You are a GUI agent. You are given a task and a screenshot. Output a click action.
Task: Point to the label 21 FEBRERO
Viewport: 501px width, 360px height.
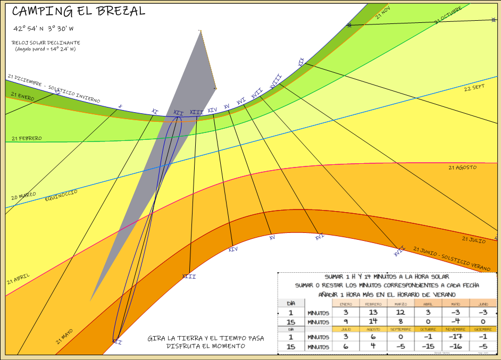pos(26,138)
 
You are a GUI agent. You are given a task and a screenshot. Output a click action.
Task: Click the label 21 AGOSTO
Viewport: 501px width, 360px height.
pos(462,168)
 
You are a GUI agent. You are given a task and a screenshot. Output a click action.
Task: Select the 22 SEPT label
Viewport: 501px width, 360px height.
pos(474,88)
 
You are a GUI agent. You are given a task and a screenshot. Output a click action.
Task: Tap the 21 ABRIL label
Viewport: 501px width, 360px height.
pos(19,279)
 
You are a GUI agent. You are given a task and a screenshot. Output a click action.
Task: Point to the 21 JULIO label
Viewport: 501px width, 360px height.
pos(473,240)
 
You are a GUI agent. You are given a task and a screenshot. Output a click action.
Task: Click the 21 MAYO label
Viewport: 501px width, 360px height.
pos(64,337)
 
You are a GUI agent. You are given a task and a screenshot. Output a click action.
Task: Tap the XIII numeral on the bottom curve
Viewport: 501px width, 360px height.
pos(189,277)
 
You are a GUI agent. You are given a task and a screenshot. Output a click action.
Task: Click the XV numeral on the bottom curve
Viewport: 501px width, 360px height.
pos(272,238)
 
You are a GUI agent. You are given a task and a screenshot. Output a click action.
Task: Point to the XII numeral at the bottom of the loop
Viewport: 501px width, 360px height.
pos(117,342)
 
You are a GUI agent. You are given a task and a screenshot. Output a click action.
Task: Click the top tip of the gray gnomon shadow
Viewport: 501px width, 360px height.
pos(201,31)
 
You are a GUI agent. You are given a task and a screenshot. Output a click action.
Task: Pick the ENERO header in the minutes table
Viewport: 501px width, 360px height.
pos(346,304)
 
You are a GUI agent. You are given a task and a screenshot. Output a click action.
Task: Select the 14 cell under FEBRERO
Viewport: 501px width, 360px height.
pos(373,321)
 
